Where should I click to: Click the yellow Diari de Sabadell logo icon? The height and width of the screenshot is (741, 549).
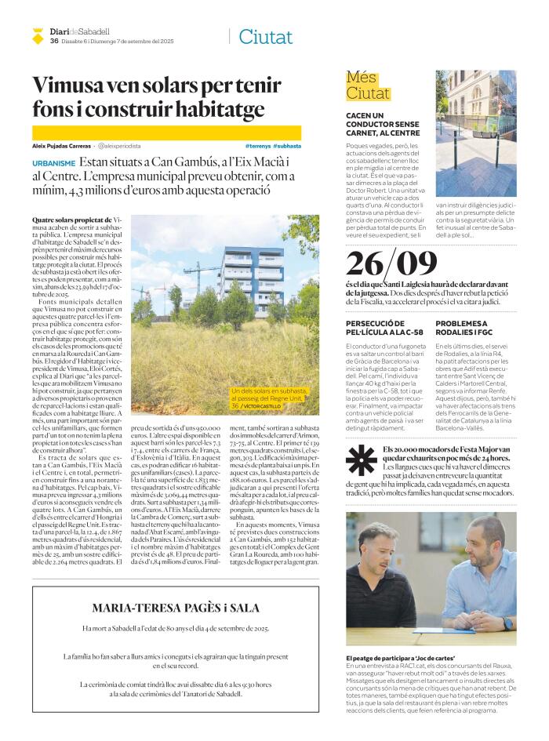point(38,35)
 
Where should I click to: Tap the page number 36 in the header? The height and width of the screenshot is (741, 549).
point(54,41)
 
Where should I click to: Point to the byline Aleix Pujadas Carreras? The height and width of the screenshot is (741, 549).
point(61,146)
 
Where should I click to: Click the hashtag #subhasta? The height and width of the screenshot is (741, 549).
point(288,146)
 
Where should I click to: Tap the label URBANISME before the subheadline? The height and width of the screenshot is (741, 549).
point(54,163)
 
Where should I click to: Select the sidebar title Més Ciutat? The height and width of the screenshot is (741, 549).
point(369,86)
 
